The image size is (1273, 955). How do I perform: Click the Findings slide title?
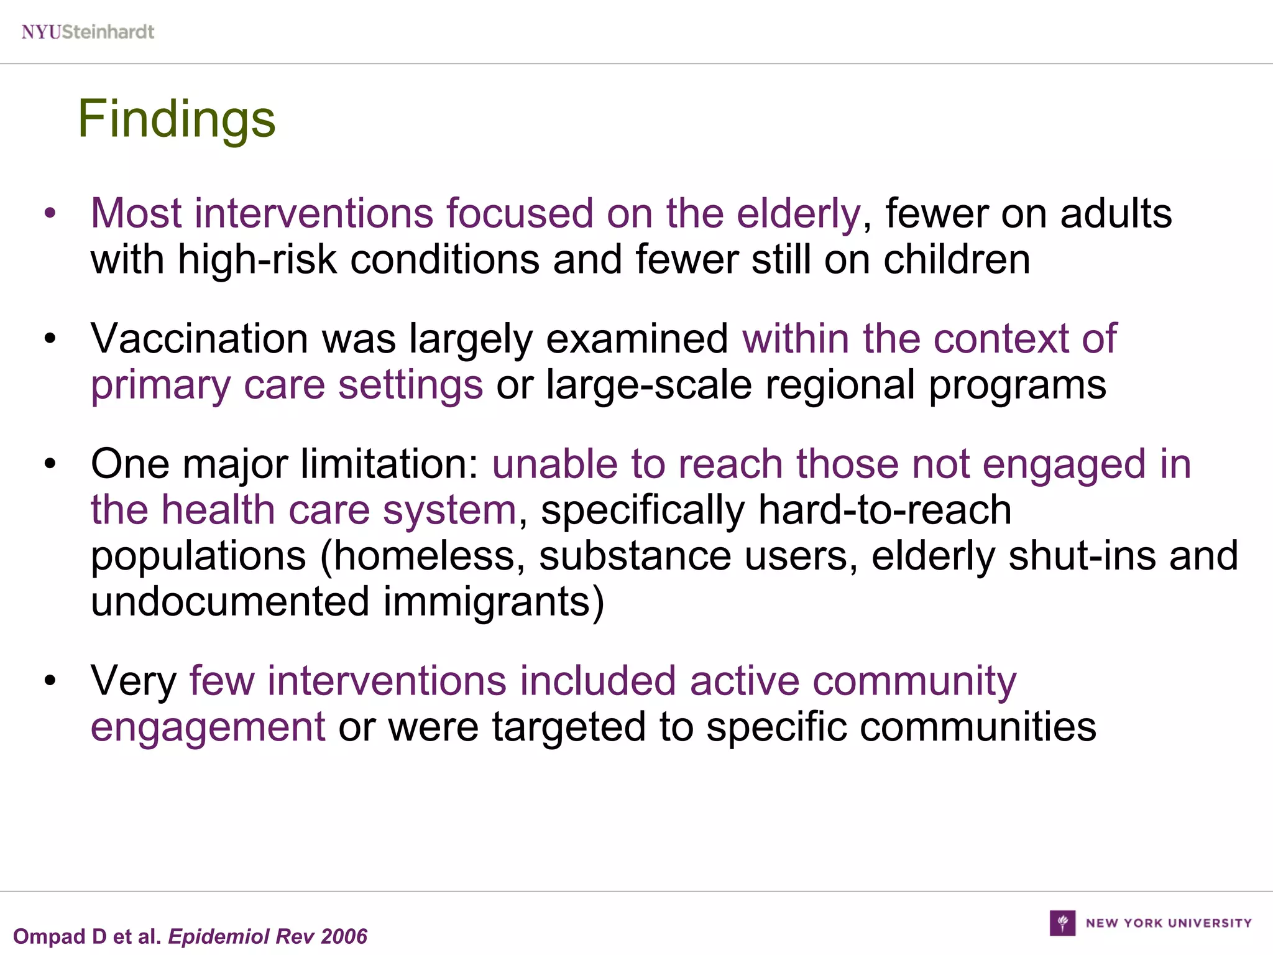coord(176,119)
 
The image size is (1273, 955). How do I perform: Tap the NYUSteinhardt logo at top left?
coord(88,32)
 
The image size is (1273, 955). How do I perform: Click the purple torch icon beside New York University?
coord(1062,923)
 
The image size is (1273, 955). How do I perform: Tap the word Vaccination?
coord(199,339)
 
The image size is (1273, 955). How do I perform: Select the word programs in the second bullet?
coord(1017,385)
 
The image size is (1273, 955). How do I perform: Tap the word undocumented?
coord(230,602)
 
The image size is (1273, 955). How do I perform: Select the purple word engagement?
coord(208,727)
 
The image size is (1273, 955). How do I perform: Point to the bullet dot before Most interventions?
coord(50,214)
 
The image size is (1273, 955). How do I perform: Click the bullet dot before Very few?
coord(50,681)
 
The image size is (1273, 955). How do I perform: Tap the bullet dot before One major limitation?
coord(50,465)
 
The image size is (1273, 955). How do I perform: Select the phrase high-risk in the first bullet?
coord(257,259)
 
